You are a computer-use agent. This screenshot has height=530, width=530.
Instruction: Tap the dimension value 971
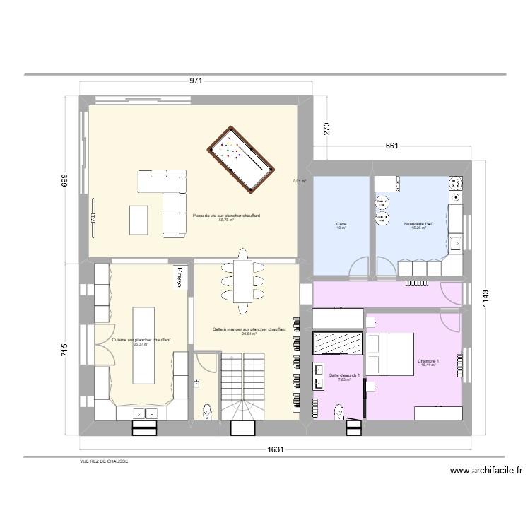pos(196,81)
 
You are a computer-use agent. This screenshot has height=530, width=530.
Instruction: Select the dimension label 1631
pos(276,449)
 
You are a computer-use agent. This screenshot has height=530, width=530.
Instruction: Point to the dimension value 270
pos(326,130)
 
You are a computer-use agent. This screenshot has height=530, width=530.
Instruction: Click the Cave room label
pos(342,225)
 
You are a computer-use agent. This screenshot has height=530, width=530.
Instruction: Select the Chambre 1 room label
pos(428,362)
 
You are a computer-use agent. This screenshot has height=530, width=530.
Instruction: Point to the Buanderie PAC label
pos(418,225)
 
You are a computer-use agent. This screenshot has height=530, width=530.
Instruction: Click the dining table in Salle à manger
pos(242,282)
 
